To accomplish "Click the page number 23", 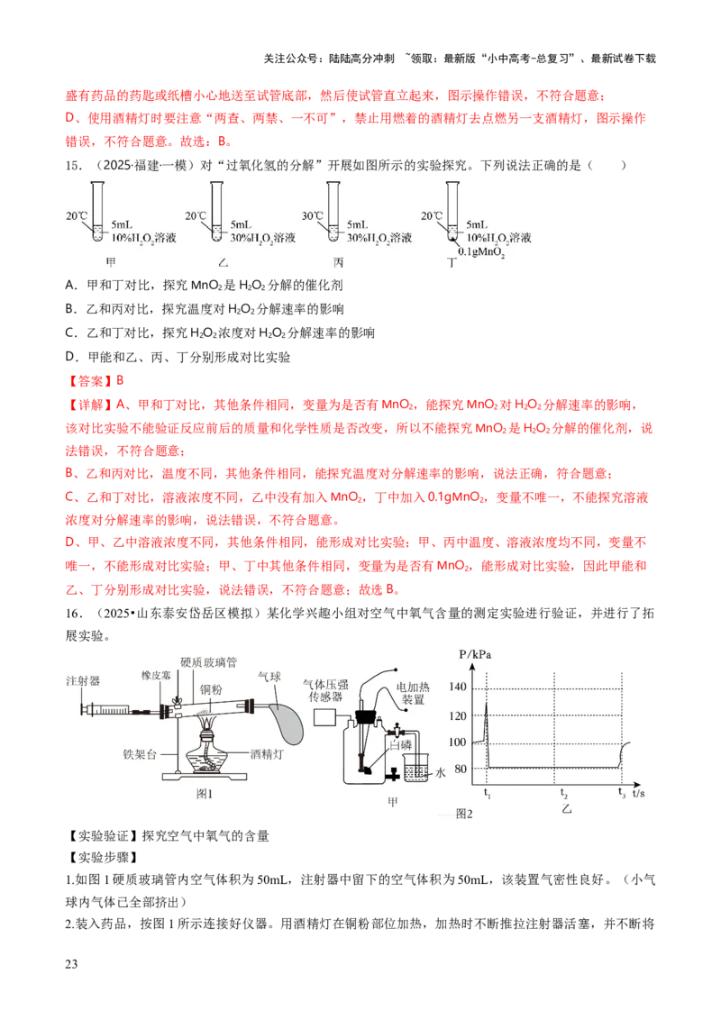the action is tap(71, 964).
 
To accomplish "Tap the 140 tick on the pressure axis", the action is tap(458, 687).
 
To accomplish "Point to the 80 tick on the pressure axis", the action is tap(461, 769).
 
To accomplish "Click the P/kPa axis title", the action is tap(475, 654).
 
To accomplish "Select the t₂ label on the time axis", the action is tap(563, 794).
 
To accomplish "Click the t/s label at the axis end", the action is tap(638, 794).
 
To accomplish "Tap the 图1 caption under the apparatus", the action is tap(205, 794).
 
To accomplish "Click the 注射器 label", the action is tap(83, 680).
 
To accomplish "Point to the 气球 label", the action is tap(269, 677).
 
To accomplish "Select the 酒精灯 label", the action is tap(267, 754).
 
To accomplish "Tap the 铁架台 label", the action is tap(140, 754).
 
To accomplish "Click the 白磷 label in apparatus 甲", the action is tap(400, 745).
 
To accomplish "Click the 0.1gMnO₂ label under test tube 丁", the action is tap(481, 252).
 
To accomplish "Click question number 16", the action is tap(74, 614).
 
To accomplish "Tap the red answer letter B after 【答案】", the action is tap(120, 380).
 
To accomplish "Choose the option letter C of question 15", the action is tap(70, 333).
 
